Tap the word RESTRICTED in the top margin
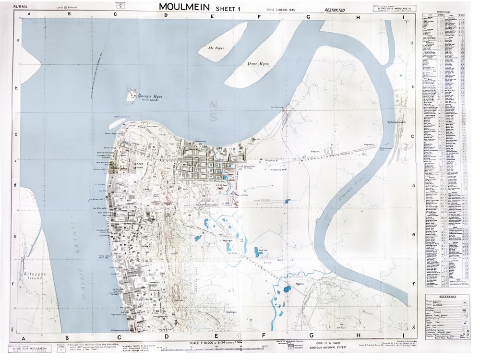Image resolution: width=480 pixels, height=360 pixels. (x=335, y=10)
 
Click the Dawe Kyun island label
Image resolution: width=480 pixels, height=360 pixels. (x=257, y=63)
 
